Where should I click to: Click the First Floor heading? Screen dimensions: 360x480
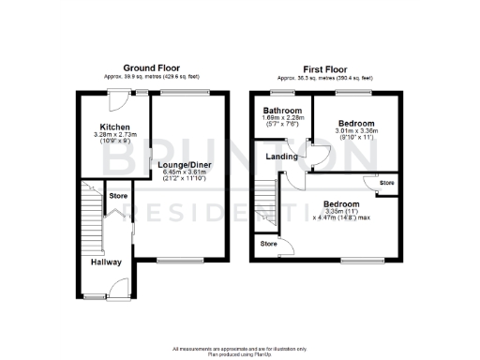click(324, 68)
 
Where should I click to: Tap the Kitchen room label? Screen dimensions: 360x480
click(114, 127)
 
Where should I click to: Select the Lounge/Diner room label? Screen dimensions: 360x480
click(186, 165)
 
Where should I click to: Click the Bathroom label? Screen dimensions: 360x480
click(280, 110)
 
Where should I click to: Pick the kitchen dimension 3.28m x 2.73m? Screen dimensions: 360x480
click(115, 135)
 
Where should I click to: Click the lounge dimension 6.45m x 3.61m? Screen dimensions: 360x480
click(186, 172)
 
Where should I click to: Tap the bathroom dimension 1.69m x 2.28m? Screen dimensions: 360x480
click(280, 118)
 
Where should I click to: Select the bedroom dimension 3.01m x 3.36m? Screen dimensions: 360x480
click(356, 131)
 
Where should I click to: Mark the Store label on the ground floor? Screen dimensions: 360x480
click(118, 196)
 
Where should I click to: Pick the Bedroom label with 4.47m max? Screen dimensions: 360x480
click(341, 203)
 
